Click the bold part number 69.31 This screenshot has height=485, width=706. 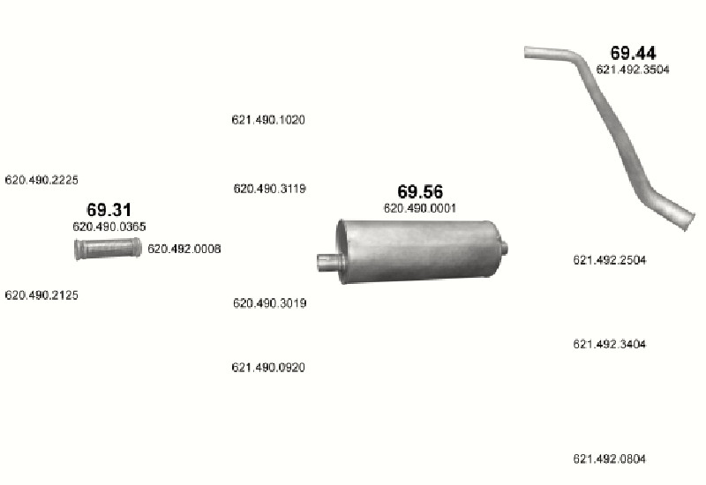pyautogui.click(x=109, y=210)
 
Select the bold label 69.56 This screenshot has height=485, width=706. pyautogui.click(x=420, y=191)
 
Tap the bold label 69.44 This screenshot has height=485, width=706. pyautogui.click(x=633, y=53)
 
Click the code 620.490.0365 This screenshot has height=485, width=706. pyautogui.click(x=109, y=227)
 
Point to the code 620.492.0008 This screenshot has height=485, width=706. pyautogui.click(x=184, y=249)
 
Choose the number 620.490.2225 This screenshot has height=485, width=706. pyautogui.click(x=41, y=180)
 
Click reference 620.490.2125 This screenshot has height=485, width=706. pyautogui.click(x=41, y=295)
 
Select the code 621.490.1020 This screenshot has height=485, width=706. pyautogui.click(x=268, y=120)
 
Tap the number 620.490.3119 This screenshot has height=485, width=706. pyautogui.click(x=270, y=189)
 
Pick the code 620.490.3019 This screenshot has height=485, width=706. pyautogui.click(x=270, y=303)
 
